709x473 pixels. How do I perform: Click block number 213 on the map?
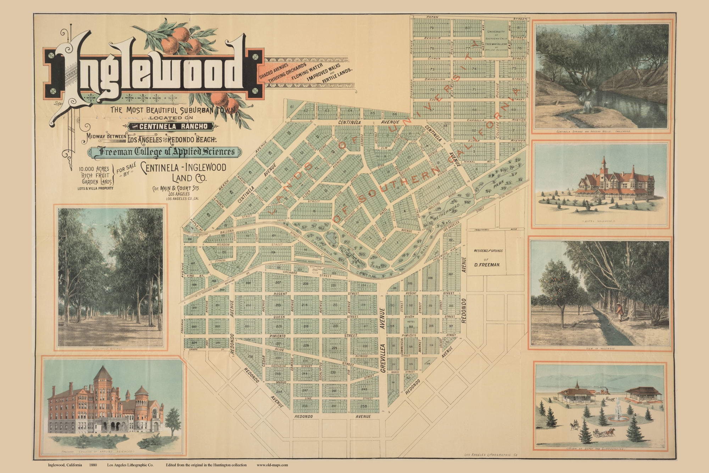pos(278,305)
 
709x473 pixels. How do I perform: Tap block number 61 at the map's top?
pos(292,107)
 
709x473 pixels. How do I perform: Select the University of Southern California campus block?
pos(496,39)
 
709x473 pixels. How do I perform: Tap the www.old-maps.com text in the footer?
pos(272,465)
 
